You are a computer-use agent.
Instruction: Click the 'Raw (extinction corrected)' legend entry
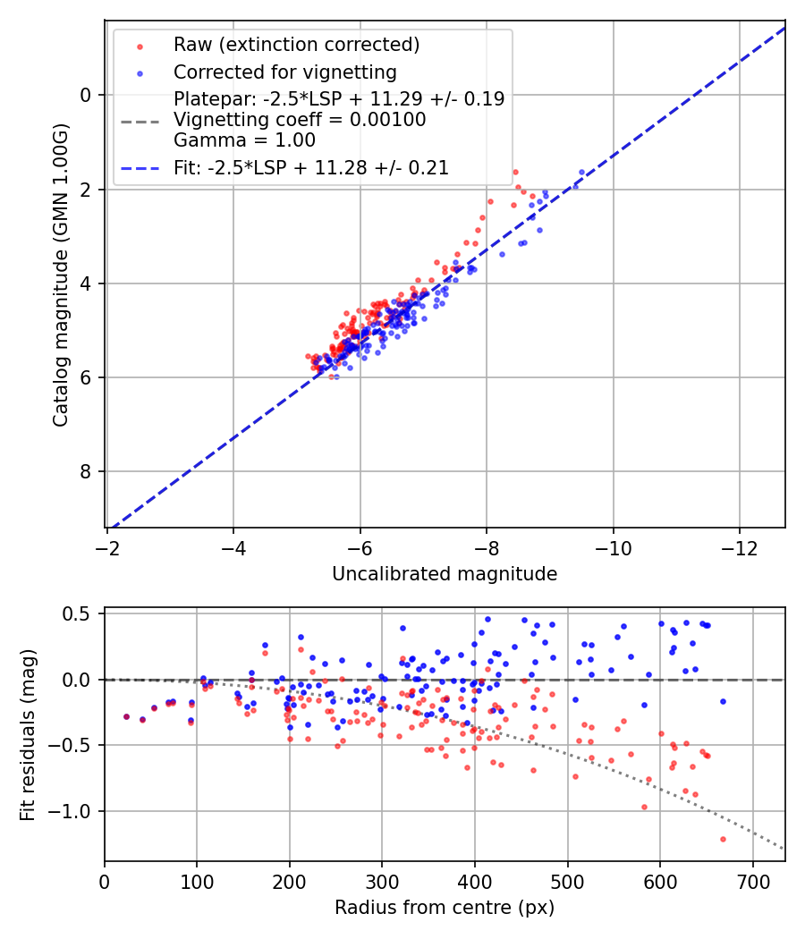tap(296, 45)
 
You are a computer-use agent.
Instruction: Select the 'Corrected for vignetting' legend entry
tap(284, 72)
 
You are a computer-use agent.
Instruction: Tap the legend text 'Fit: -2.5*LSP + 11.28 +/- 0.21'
tap(310, 167)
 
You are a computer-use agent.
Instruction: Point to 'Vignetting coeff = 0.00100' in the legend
tap(300, 119)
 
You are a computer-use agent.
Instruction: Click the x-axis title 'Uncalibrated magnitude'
tap(445, 574)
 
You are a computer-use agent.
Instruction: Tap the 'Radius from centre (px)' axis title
tap(445, 908)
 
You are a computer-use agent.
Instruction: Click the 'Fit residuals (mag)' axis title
tap(28, 735)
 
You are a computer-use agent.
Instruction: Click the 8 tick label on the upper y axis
tap(87, 471)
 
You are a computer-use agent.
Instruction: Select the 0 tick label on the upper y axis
tap(87, 95)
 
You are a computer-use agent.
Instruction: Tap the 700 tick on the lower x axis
tap(752, 882)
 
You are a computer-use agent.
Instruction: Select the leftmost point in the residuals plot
tap(126, 716)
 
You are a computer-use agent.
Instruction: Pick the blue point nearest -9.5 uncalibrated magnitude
tap(581, 172)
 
